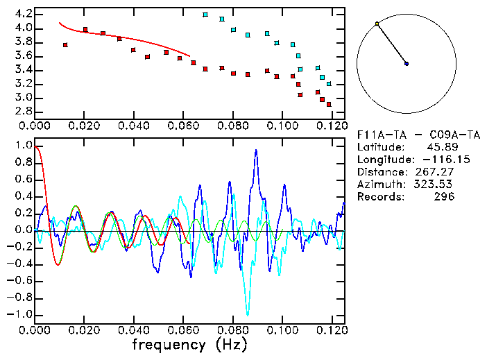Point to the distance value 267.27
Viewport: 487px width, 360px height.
tap(438, 171)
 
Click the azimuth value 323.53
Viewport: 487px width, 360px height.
tap(438, 184)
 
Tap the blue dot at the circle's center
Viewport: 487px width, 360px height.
tap(407, 64)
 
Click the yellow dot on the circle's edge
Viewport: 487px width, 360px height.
tap(377, 24)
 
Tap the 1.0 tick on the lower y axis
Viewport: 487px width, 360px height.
tap(22, 146)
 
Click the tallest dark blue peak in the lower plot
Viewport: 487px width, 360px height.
tap(256, 151)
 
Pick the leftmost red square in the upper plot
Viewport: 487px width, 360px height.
tap(65, 45)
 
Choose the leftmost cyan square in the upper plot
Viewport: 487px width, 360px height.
tap(205, 14)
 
